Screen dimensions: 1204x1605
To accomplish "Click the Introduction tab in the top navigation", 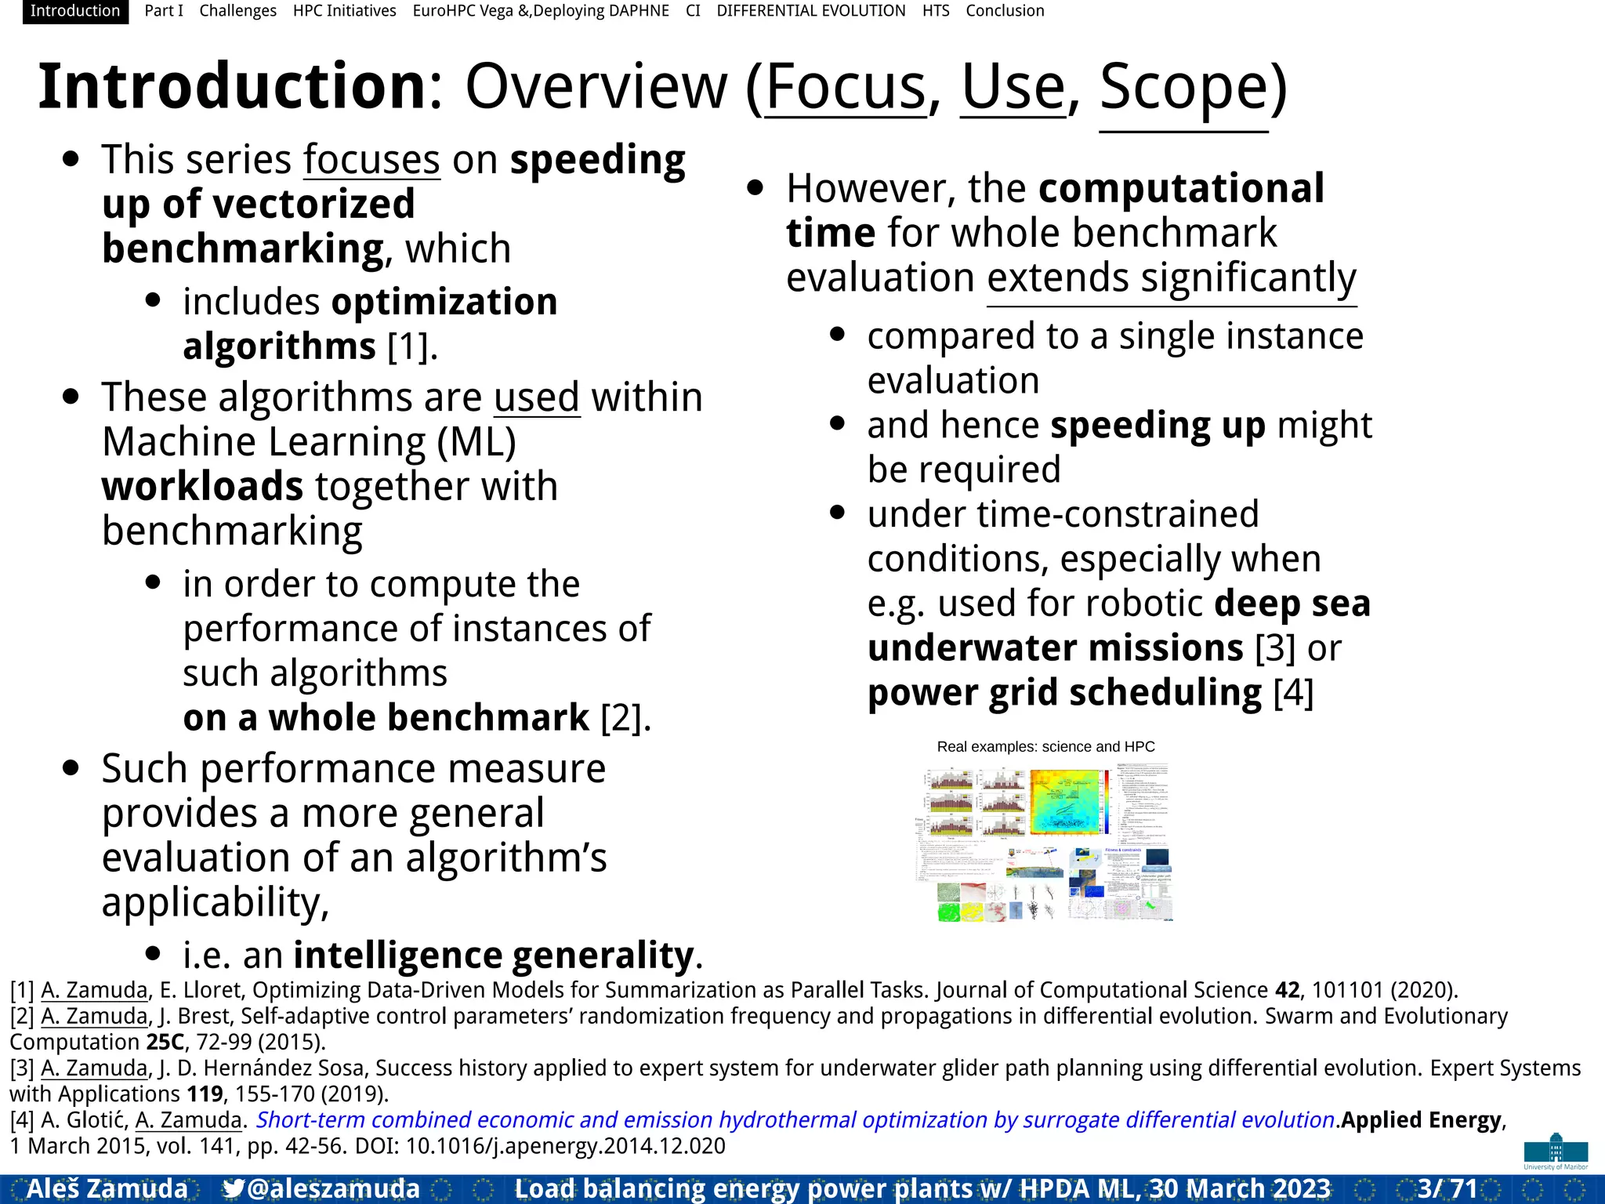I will point(75,11).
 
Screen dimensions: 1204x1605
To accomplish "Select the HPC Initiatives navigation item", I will point(344,11).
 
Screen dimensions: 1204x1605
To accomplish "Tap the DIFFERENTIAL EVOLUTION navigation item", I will point(810,11).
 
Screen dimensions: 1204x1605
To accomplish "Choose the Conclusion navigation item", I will point(1005,11).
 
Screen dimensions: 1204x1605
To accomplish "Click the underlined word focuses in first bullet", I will point(371,160).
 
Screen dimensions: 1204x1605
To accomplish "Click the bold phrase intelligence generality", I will point(494,955).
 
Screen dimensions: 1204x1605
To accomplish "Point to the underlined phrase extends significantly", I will point(1171,278).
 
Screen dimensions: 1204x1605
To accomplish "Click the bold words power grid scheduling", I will point(1064,693).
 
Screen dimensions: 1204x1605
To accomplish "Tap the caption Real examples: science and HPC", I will point(1045,747).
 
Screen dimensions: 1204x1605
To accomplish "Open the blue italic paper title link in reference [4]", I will point(795,1120).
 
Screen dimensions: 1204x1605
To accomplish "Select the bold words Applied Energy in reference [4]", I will point(1421,1120).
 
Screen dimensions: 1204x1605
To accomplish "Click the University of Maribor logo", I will point(1556,1151).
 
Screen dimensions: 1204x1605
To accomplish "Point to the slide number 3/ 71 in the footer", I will point(1447,1188).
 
